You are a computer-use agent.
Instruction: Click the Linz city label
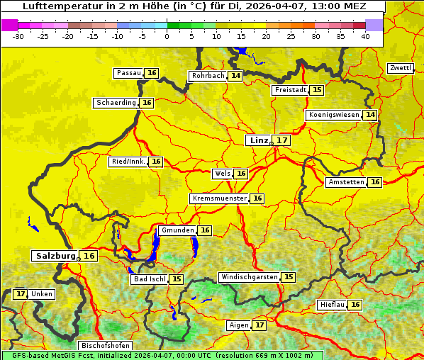click(x=258, y=140)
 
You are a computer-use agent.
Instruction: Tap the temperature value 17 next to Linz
click(x=281, y=140)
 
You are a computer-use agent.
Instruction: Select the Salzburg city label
click(x=55, y=256)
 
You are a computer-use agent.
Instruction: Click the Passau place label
click(x=129, y=73)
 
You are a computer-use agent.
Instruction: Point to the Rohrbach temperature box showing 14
click(x=235, y=76)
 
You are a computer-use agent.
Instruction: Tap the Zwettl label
click(x=400, y=68)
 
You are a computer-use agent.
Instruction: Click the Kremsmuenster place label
click(x=219, y=198)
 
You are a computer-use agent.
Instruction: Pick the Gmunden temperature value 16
click(x=204, y=230)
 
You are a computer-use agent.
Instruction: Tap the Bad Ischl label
click(x=150, y=280)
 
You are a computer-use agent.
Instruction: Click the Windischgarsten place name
click(x=249, y=277)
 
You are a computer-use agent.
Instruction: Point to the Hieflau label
click(x=333, y=305)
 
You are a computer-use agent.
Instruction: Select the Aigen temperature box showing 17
click(x=260, y=325)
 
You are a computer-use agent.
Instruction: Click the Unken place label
click(x=42, y=294)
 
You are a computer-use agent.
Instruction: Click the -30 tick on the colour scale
click(x=18, y=36)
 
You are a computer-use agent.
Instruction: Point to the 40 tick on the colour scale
click(x=365, y=36)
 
